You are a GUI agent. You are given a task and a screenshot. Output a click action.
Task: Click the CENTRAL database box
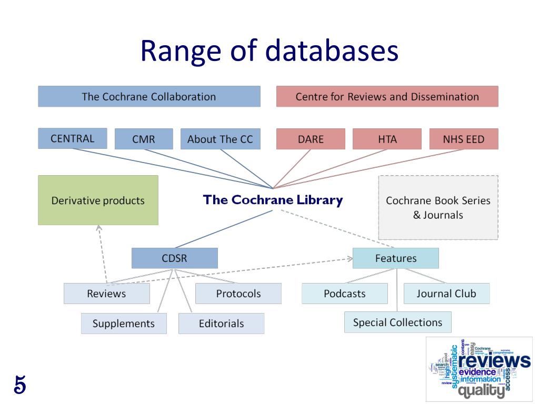point(72,138)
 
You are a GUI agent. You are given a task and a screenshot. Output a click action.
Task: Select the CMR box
point(143,139)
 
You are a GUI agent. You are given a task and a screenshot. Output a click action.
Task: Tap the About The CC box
point(220,139)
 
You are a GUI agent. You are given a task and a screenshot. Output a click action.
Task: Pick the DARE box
point(311,139)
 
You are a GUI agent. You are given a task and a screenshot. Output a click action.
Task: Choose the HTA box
point(387,139)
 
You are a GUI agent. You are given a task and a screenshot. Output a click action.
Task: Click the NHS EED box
point(463,139)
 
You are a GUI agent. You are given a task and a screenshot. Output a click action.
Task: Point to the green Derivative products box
point(98,200)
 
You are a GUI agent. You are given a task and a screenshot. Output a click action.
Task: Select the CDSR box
point(174,258)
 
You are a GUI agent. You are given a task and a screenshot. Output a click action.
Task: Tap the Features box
point(395,258)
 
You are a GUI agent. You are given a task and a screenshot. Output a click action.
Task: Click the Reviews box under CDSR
point(106,294)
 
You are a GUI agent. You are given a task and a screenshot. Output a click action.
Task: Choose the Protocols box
point(238,294)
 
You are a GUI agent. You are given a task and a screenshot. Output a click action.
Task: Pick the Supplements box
point(124,324)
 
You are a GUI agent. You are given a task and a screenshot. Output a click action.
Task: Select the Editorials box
point(221,324)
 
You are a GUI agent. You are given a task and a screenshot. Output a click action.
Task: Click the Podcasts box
point(344,294)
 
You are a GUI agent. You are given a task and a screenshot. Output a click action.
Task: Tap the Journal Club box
point(446,294)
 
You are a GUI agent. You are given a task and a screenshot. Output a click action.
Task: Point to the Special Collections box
point(397,322)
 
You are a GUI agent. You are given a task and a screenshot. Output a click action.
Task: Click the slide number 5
point(19,385)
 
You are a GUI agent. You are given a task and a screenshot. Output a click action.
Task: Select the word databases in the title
point(332,51)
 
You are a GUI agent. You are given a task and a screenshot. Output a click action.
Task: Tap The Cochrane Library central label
point(273,200)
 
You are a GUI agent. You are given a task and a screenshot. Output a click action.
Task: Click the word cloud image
point(479,369)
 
